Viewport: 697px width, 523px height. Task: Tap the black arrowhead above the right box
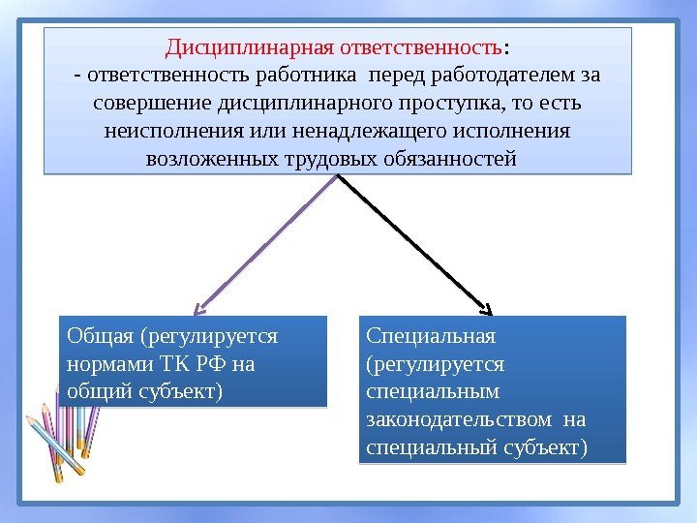487,310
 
